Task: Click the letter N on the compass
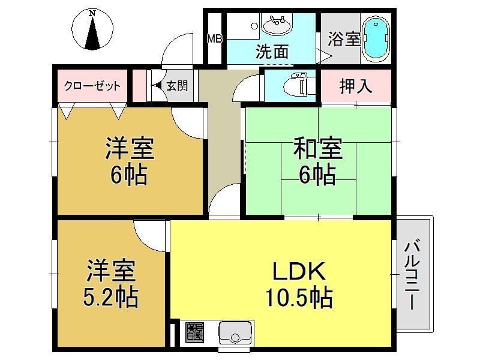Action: pos(92,13)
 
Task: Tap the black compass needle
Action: pos(92,33)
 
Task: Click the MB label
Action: pos(215,39)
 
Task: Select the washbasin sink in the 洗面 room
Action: pos(277,25)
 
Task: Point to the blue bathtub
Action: pos(376,38)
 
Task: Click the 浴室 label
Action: pos(344,39)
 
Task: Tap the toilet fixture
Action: pos(295,84)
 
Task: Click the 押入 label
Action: pos(356,86)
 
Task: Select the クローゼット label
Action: pos(92,86)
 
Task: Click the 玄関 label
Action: pos(177,86)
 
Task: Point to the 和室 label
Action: pos(318,148)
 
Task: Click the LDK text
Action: pos(299,271)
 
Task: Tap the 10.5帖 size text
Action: pos(299,296)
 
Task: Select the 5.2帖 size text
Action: pos(111,296)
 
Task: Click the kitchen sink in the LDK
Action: pos(235,332)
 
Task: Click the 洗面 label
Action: pos(272,52)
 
